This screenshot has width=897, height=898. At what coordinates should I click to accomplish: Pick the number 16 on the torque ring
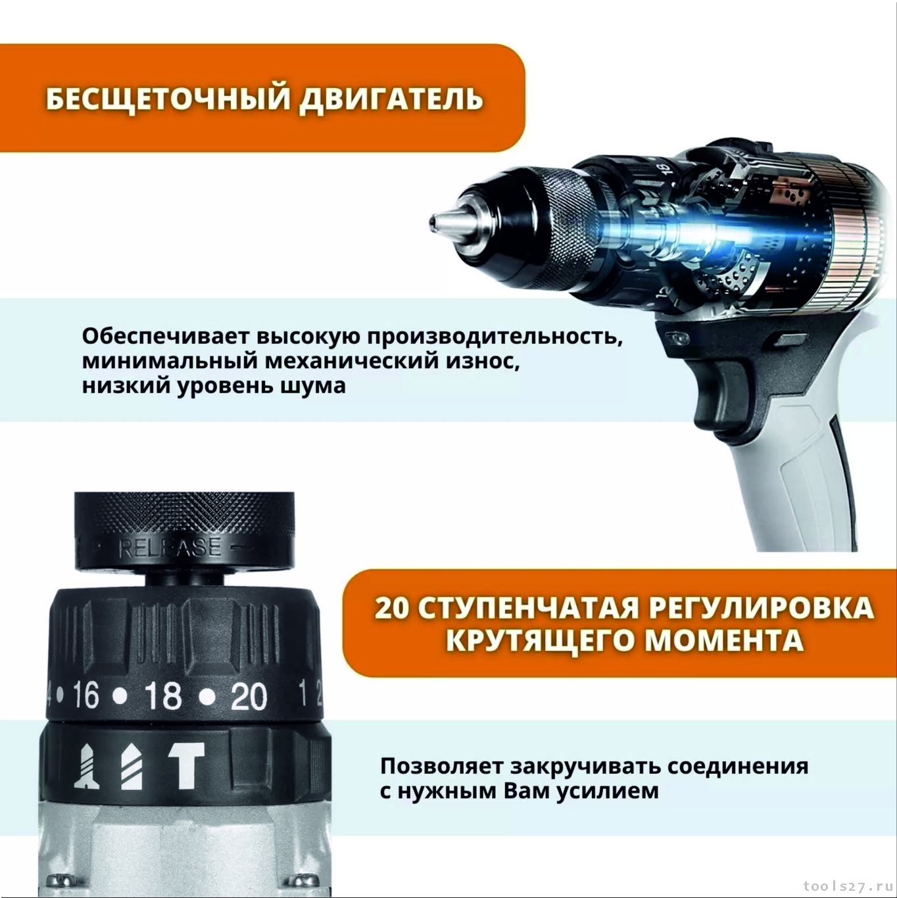pyautogui.click(x=87, y=696)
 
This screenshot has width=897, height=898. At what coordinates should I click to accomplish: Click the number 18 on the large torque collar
pyautogui.click(x=162, y=696)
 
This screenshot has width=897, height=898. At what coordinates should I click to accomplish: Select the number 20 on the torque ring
pyautogui.click(x=249, y=697)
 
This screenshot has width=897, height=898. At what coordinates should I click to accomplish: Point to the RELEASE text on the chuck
pyautogui.click(x=170, y=548)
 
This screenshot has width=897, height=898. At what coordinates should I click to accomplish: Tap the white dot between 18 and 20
pyautogui.click(x=206, y=697)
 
